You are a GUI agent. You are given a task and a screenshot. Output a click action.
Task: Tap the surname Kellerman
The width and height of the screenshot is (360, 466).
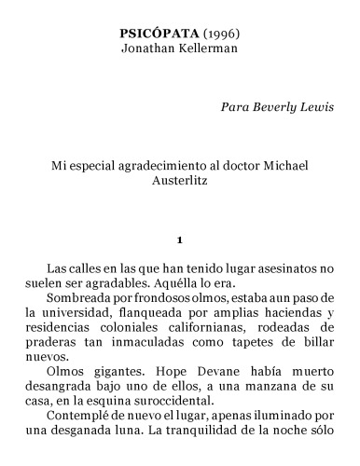click(208, 48)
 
